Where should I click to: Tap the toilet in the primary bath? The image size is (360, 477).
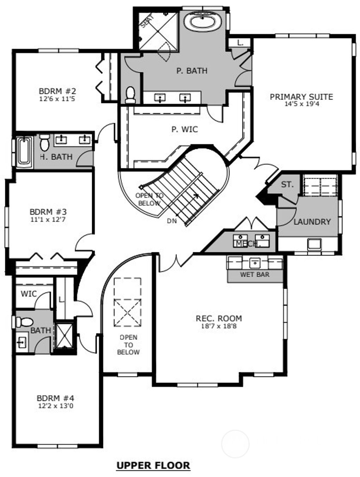130,94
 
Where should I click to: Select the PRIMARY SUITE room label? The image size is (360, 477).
301,97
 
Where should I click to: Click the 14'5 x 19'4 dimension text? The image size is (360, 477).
301,104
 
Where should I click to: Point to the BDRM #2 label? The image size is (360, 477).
57,91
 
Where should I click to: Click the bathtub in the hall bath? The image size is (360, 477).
24,150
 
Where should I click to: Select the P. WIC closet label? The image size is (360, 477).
185,129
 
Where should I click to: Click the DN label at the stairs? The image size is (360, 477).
172,221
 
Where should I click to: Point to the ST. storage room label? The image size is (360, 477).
287,185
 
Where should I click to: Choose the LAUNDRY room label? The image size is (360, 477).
312,222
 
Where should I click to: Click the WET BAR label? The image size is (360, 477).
255,274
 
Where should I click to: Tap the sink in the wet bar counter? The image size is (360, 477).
255,262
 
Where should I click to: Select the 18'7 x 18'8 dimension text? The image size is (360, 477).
219,326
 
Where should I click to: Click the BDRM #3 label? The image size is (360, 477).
48,212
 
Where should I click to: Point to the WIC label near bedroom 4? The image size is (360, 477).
28,294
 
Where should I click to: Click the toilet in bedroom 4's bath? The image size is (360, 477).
25,322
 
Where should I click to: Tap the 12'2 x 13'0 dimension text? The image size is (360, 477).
56,406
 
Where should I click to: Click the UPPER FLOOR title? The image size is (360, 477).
153,465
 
